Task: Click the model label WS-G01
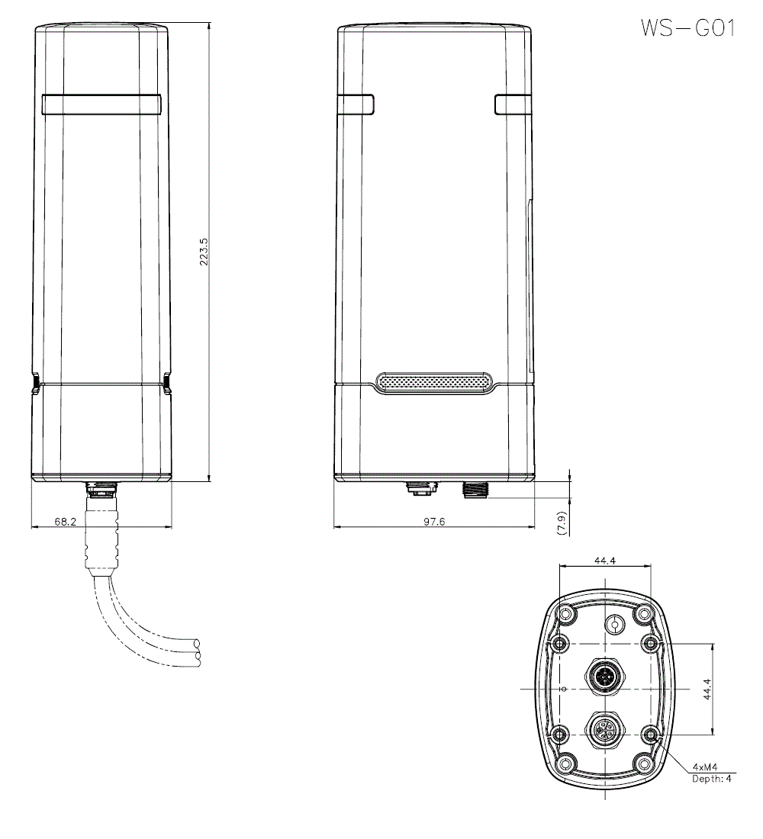[x=688, y=27]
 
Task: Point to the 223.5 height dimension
[x=204, y=252]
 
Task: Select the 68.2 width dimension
[x=66, y=521]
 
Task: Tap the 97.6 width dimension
[x=434, y=521]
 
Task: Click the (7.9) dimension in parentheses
[x=561, y=523]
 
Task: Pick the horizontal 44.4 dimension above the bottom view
[x=605, y=561]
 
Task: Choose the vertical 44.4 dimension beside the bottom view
[x=707, y=690]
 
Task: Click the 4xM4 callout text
[x=705, y=767]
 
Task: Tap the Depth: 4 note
[x=712, y=779]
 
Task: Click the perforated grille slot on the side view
[x=434, y=383]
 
